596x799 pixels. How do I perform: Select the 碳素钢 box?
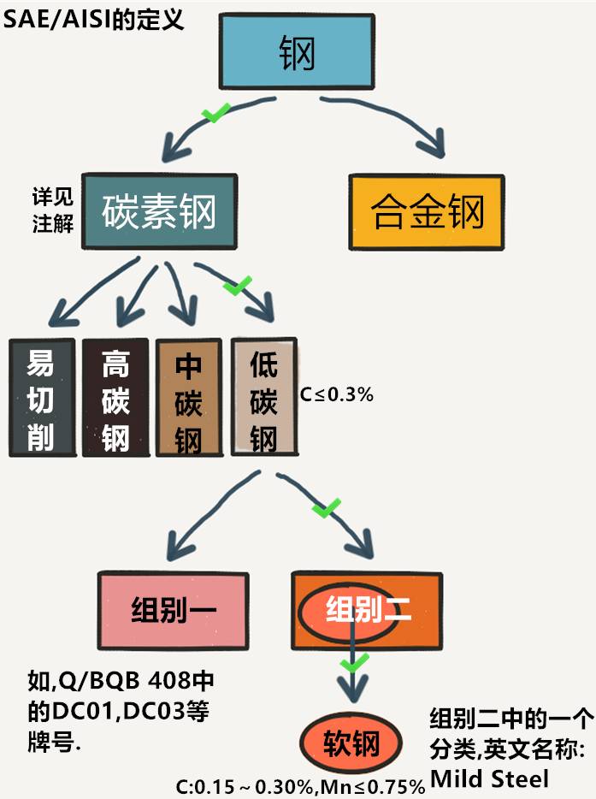point(159,212)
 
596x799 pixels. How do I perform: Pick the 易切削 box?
point(40,399)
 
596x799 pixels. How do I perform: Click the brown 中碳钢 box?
point(188,399)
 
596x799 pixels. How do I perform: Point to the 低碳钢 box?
point(263,399)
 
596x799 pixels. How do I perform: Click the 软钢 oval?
point(351,743)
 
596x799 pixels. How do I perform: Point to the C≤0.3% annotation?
point(337,395)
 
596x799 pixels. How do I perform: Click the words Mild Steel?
point(488,778)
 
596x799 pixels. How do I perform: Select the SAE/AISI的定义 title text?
point(94,18)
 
